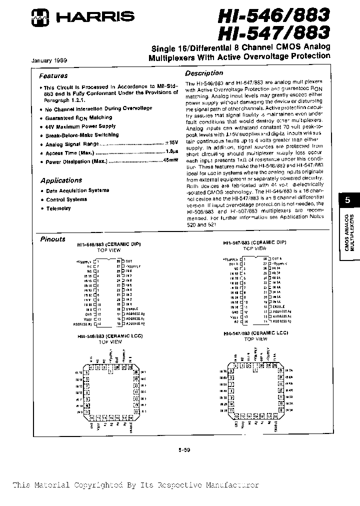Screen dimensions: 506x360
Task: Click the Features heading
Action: (53, 76)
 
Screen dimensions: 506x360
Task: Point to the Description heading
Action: (204, 72)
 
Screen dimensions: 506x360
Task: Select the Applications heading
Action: (61, 180)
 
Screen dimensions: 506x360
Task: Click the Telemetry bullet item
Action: (58, 208)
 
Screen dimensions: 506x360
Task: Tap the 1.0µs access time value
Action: (172, 153)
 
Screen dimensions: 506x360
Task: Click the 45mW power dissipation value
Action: (170, 161)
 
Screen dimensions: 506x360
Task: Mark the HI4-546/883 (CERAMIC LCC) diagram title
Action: (109, 336)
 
